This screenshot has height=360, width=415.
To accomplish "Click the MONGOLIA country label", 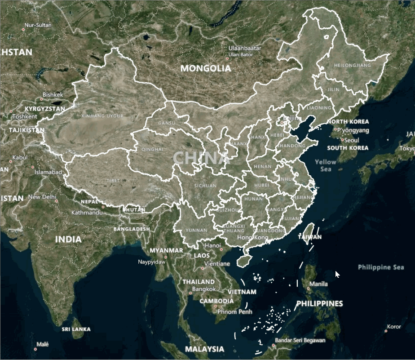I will coord(206,69).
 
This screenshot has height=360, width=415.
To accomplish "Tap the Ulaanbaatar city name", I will coord(244,48).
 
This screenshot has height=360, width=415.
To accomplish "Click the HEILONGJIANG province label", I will coord(353,65).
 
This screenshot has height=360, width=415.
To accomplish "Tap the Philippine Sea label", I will coord(381,267).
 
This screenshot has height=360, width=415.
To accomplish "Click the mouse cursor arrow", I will coord(337,274).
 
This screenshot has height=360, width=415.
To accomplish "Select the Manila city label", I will coord(318,284).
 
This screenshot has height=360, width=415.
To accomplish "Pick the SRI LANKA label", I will coord(76,329).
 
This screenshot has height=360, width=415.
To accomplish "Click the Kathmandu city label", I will coord(87,212).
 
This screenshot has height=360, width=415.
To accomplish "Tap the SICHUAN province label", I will coord(205,186).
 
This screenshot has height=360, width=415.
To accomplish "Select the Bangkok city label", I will coord(204,289).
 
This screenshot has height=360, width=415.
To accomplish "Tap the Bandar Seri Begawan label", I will coord(300,340).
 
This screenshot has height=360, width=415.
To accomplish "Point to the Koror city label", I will coord(394,327).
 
